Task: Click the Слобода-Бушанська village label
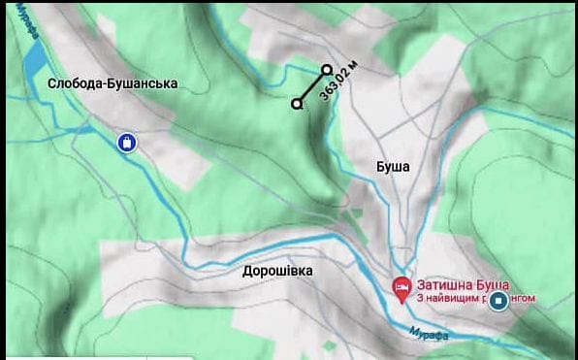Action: point(112,84)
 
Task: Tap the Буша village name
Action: point(393,166)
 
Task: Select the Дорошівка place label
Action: point(277,271)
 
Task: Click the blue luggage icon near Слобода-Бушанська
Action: point(127,143)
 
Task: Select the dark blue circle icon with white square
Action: point(499,301)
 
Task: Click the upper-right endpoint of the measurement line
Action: point(327,69)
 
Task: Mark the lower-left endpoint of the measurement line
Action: point(297,103)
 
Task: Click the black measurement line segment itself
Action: point(311,86)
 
